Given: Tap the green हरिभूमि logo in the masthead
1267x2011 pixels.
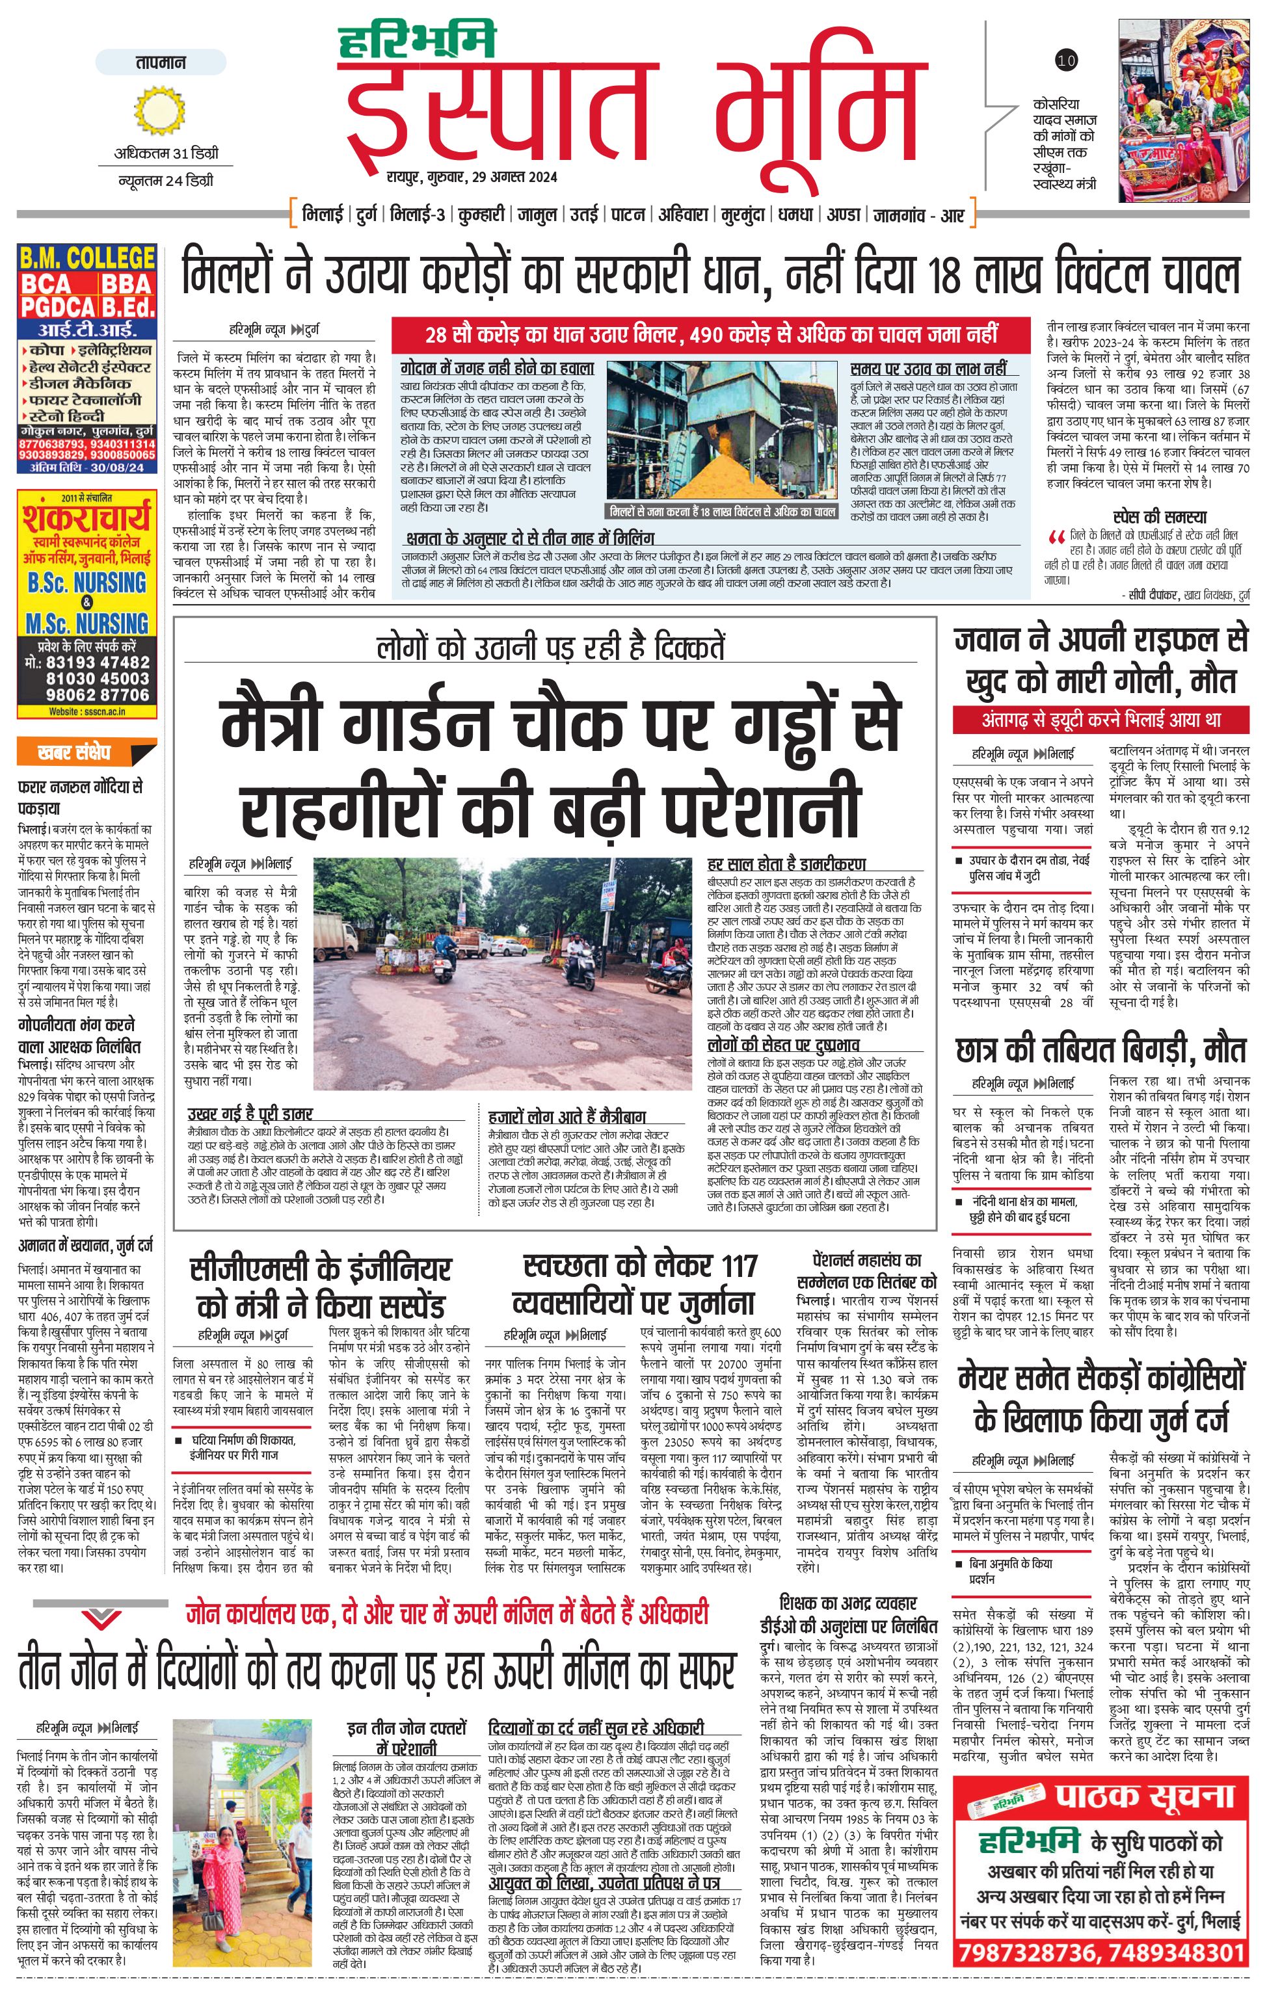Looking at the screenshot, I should (x=417, y=41).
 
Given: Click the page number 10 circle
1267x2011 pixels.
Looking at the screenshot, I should (x=1067, y=59).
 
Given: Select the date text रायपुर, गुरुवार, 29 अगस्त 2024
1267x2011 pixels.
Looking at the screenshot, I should (x=472, y=177).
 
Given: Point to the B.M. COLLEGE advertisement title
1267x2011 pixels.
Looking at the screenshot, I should (x=87, y=257).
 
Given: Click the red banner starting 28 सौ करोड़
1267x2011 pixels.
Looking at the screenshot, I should (x=711, y=335).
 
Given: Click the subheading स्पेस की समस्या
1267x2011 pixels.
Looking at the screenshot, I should (x=1159, y=517).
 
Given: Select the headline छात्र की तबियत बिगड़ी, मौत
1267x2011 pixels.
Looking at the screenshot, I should (x=1100, y=1050).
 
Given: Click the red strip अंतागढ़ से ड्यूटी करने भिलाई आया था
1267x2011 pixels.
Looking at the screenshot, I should (x=1100, y=719).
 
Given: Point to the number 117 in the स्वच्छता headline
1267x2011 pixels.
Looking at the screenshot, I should (x=739, y=1265).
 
